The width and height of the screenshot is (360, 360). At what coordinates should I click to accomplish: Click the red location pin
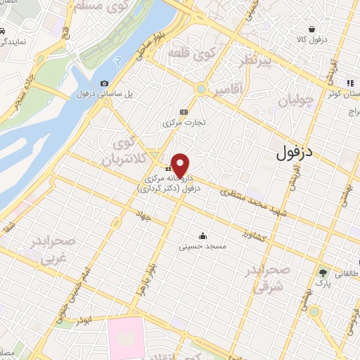coord(180,164)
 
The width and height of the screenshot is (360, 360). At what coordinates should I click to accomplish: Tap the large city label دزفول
coord(294,151)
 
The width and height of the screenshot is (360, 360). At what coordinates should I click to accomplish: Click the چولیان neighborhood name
coord(294,101)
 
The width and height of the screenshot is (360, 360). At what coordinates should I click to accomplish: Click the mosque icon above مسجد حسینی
coord(203,236)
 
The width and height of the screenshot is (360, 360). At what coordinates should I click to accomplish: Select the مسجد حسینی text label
coord(202,247)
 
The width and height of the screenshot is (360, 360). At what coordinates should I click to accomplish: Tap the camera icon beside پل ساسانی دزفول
coord(105,84)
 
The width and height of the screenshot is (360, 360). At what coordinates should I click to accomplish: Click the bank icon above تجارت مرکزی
coord(184,111)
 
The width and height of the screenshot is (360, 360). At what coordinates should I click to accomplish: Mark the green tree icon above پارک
coord(323,272)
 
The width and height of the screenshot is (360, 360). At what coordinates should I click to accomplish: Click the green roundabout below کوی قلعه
coord(202,89)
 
